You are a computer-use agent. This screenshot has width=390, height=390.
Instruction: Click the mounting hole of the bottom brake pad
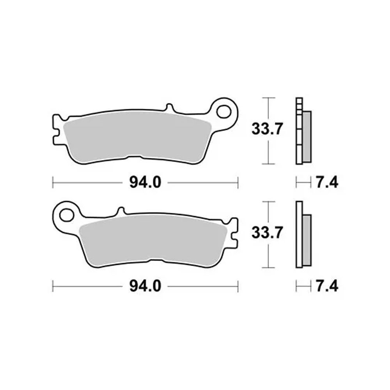point(67,215)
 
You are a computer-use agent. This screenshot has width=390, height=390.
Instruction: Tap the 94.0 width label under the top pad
point(145,183)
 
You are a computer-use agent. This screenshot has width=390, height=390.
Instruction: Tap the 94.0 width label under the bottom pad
point(145,286)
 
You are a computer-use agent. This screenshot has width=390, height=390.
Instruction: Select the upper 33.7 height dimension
point(267,129)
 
